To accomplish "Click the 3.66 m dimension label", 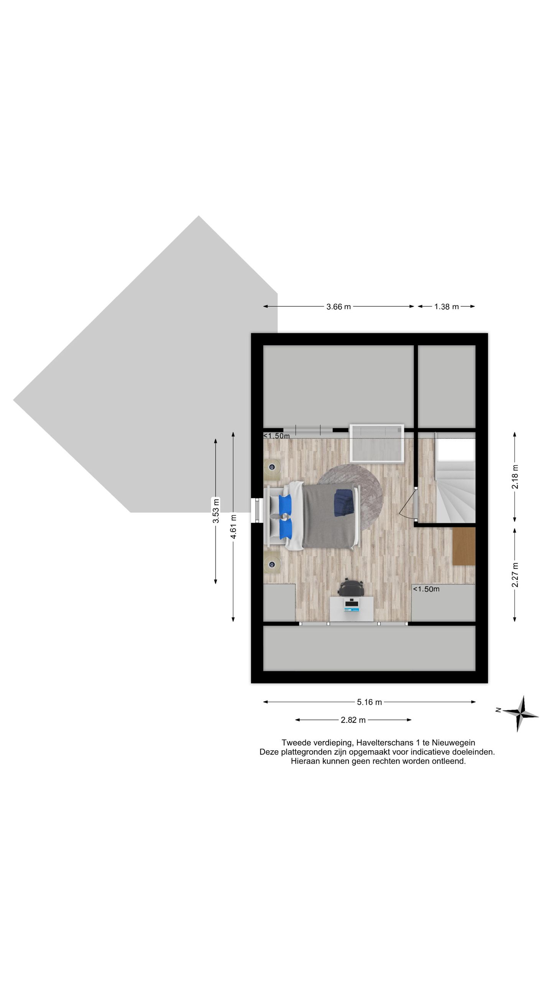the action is (338, 307).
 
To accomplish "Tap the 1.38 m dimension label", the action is (446, 307).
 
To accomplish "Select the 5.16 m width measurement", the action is (369, 702).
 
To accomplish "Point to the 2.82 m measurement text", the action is (353, 720).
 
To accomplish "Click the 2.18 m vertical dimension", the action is (515, 476).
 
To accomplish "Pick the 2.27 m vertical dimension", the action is (515, 575).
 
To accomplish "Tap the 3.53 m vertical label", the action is (216, 510).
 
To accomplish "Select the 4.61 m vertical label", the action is (233, 527).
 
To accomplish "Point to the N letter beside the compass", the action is (498, 710).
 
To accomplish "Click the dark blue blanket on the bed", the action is (345, 502).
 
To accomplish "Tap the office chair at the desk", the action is (351, 588).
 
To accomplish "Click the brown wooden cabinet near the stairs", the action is (464, 546).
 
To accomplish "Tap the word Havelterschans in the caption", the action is (382, 743).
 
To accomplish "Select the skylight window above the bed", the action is (377, 443).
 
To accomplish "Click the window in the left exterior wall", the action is (257, 510).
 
